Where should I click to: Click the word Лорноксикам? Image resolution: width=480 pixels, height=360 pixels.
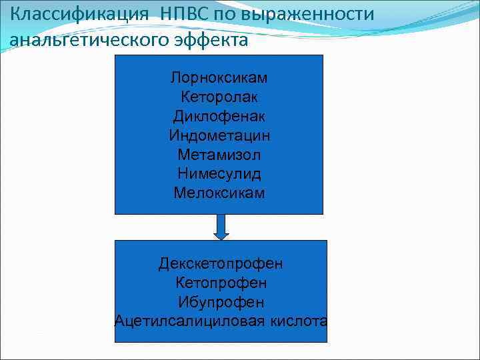point(219,78)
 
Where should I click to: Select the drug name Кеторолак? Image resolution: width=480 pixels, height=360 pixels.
point(219,97)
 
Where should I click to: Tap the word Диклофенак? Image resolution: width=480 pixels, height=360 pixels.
point(219,117)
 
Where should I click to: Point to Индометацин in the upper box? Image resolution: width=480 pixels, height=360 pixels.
point(219,136)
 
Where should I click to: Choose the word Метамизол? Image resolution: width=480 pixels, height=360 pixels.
point(219,155)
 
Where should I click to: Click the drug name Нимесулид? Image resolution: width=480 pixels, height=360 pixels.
point(219,175)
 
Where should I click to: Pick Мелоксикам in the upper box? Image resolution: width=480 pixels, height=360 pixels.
point(219,194)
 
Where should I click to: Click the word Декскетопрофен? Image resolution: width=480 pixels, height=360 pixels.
point(221,264)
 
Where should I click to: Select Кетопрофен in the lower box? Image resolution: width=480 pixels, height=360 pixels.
point(221,283)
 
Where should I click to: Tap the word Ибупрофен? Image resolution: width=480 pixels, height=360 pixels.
point(221,303)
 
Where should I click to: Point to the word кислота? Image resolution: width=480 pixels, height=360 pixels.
point(298,321)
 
